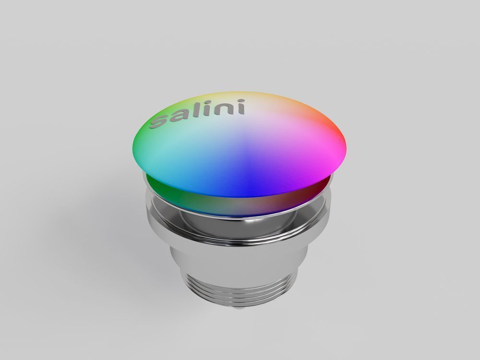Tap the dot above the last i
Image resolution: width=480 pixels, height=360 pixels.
click(x=240, y=101)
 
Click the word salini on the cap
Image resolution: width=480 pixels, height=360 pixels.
click(x=197, y=114)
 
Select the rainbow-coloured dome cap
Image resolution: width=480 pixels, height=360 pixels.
click(x=240, y=144)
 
